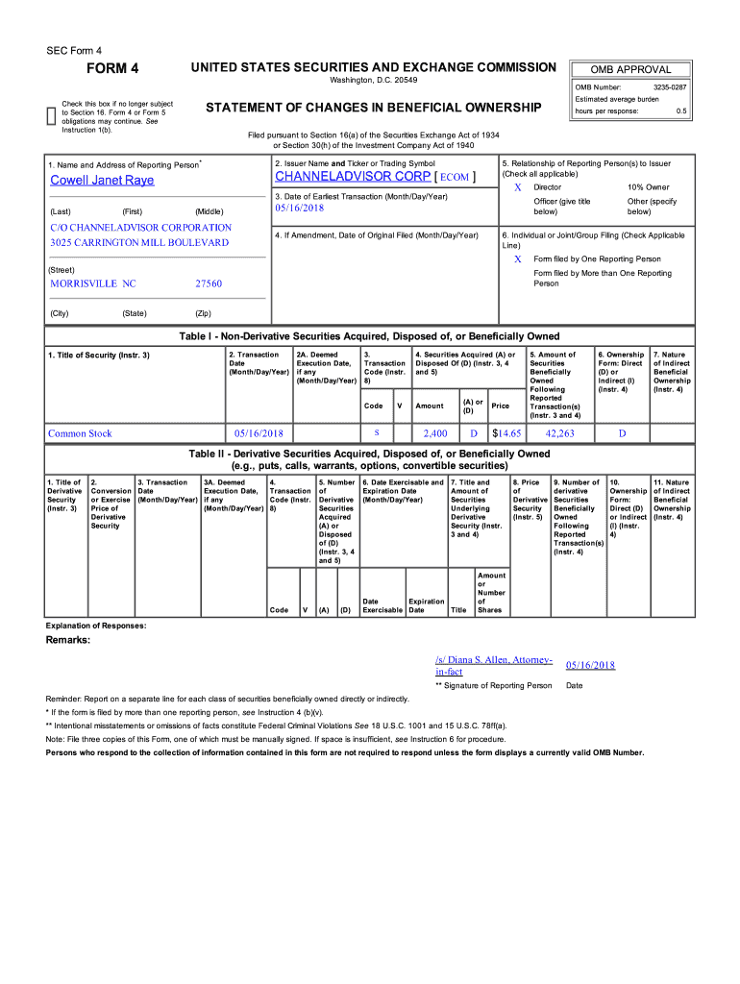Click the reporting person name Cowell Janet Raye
[102, 180]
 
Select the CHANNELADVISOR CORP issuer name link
[353, 177]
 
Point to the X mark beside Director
[518, 186]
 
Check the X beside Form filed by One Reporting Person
[518, 259]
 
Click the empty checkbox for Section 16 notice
[51, 116]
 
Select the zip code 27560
[208, 283]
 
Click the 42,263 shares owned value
[559, 433]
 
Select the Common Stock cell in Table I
[81, 433]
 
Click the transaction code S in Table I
[376, 432]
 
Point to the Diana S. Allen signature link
[493, 665]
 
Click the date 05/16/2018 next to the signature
[590, 665]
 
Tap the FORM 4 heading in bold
[113, 68]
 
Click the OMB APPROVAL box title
[629, 69]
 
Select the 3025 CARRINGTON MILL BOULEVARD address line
[139, 242]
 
